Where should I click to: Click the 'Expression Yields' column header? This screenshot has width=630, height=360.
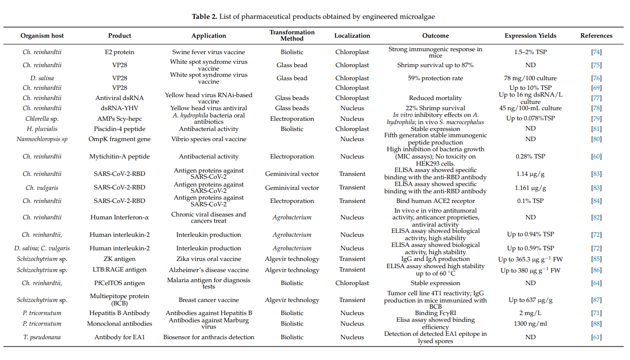(x=530, y=36)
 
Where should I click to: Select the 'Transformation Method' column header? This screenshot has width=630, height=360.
(x=292, y=35)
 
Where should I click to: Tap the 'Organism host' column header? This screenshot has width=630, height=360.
(x=42, y=36)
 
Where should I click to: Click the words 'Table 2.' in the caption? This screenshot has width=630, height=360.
(x=204, y=16)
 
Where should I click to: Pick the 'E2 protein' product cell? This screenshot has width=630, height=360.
(x=119, y=52)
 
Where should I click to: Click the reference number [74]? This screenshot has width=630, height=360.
(x=596, y=52)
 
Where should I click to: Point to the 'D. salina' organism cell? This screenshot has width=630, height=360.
(x=42, y=78)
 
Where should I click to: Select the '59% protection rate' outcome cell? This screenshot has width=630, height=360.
(x=435, y=78)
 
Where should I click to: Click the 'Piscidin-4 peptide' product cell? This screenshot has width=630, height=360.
(x=119, y=129)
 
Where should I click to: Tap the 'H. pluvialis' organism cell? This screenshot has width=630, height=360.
(x=42, y=129)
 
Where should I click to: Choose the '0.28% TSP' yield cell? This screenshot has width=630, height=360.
(x=530, y=157)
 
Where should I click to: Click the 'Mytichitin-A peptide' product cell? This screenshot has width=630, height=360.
(x=119, y=157)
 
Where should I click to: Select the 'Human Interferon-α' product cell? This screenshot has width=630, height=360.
(x=119, y=217)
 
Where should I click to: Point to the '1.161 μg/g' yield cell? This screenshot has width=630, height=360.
(x=530, y=187)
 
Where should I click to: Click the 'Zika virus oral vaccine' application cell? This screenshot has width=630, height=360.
(x=208, y=259)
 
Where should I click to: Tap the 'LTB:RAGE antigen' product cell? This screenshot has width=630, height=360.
(x=119, y=270)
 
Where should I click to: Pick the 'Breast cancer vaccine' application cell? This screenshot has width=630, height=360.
(x=208, y=300)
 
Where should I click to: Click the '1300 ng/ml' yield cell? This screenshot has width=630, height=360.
(x=530, y=324)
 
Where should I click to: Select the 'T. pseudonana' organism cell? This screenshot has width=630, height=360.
(x=42, y=337)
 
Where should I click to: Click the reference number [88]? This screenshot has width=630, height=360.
(x=596, y=324)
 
